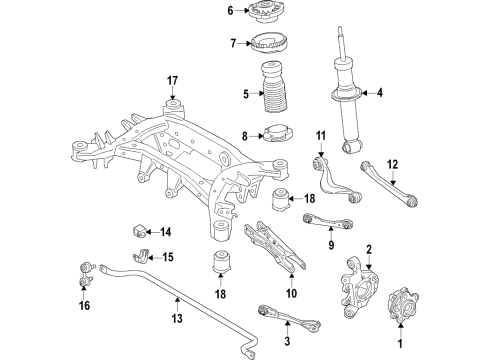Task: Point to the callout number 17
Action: click(x=172, y=81)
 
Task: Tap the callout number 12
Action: click(x=392, y=165)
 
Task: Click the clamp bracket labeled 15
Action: click(x=146, y=257)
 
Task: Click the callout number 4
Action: click(x=379, y=95)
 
